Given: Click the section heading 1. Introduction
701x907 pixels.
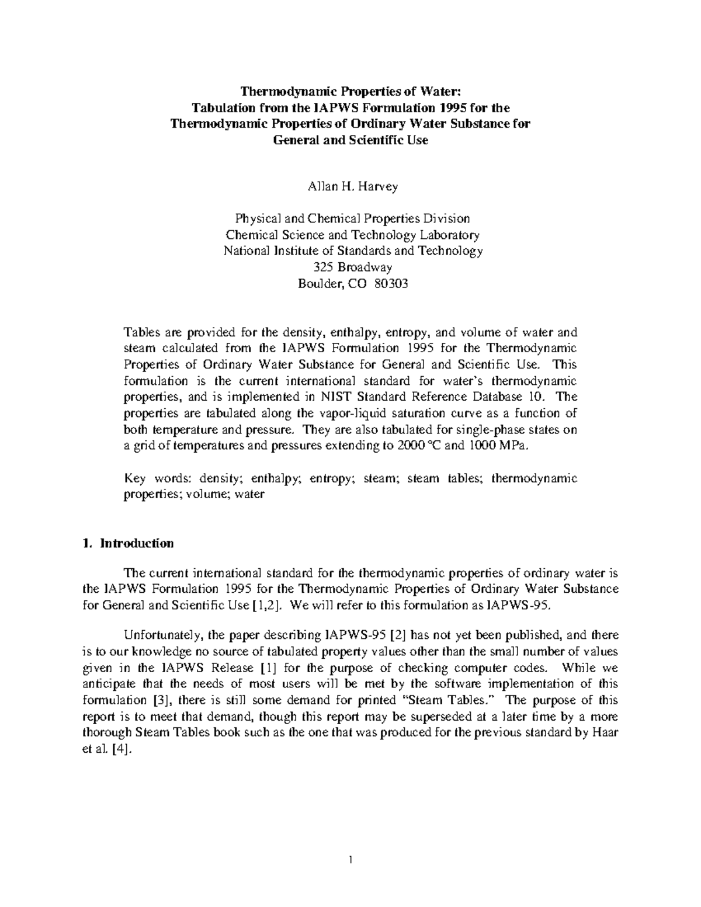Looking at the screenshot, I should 128,544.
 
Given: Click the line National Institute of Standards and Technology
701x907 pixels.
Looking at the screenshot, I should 353,251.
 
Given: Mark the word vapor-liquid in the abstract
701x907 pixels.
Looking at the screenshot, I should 329,413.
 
